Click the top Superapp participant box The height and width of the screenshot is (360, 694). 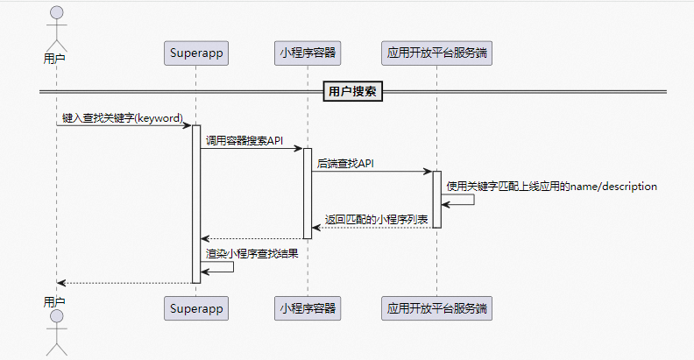click(195, 53)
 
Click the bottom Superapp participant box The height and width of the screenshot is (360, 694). click(195, 308)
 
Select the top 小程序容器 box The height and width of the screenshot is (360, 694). click(308, 53)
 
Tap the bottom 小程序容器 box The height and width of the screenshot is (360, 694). click(308, 308)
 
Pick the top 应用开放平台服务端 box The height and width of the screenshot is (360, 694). click(436, 53)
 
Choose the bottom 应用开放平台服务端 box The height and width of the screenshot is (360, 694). click(436, 308)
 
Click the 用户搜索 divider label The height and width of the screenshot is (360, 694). click(353, 91)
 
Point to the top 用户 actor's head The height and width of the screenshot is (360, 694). click(56, 13)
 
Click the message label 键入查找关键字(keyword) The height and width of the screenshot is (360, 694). click(123, 117)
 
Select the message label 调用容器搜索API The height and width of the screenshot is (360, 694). click(244, 140)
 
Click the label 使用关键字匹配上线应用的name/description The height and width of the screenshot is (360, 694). click(551, 187)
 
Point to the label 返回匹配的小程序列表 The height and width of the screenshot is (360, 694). click(376, 219)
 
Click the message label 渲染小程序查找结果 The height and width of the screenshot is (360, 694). click(251, 254)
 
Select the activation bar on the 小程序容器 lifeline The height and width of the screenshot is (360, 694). click(308, 193)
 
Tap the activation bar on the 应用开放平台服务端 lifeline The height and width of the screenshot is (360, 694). click(436, 200)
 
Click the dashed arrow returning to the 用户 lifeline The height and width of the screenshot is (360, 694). click(124, 283)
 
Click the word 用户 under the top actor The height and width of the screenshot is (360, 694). click(55, 59)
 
